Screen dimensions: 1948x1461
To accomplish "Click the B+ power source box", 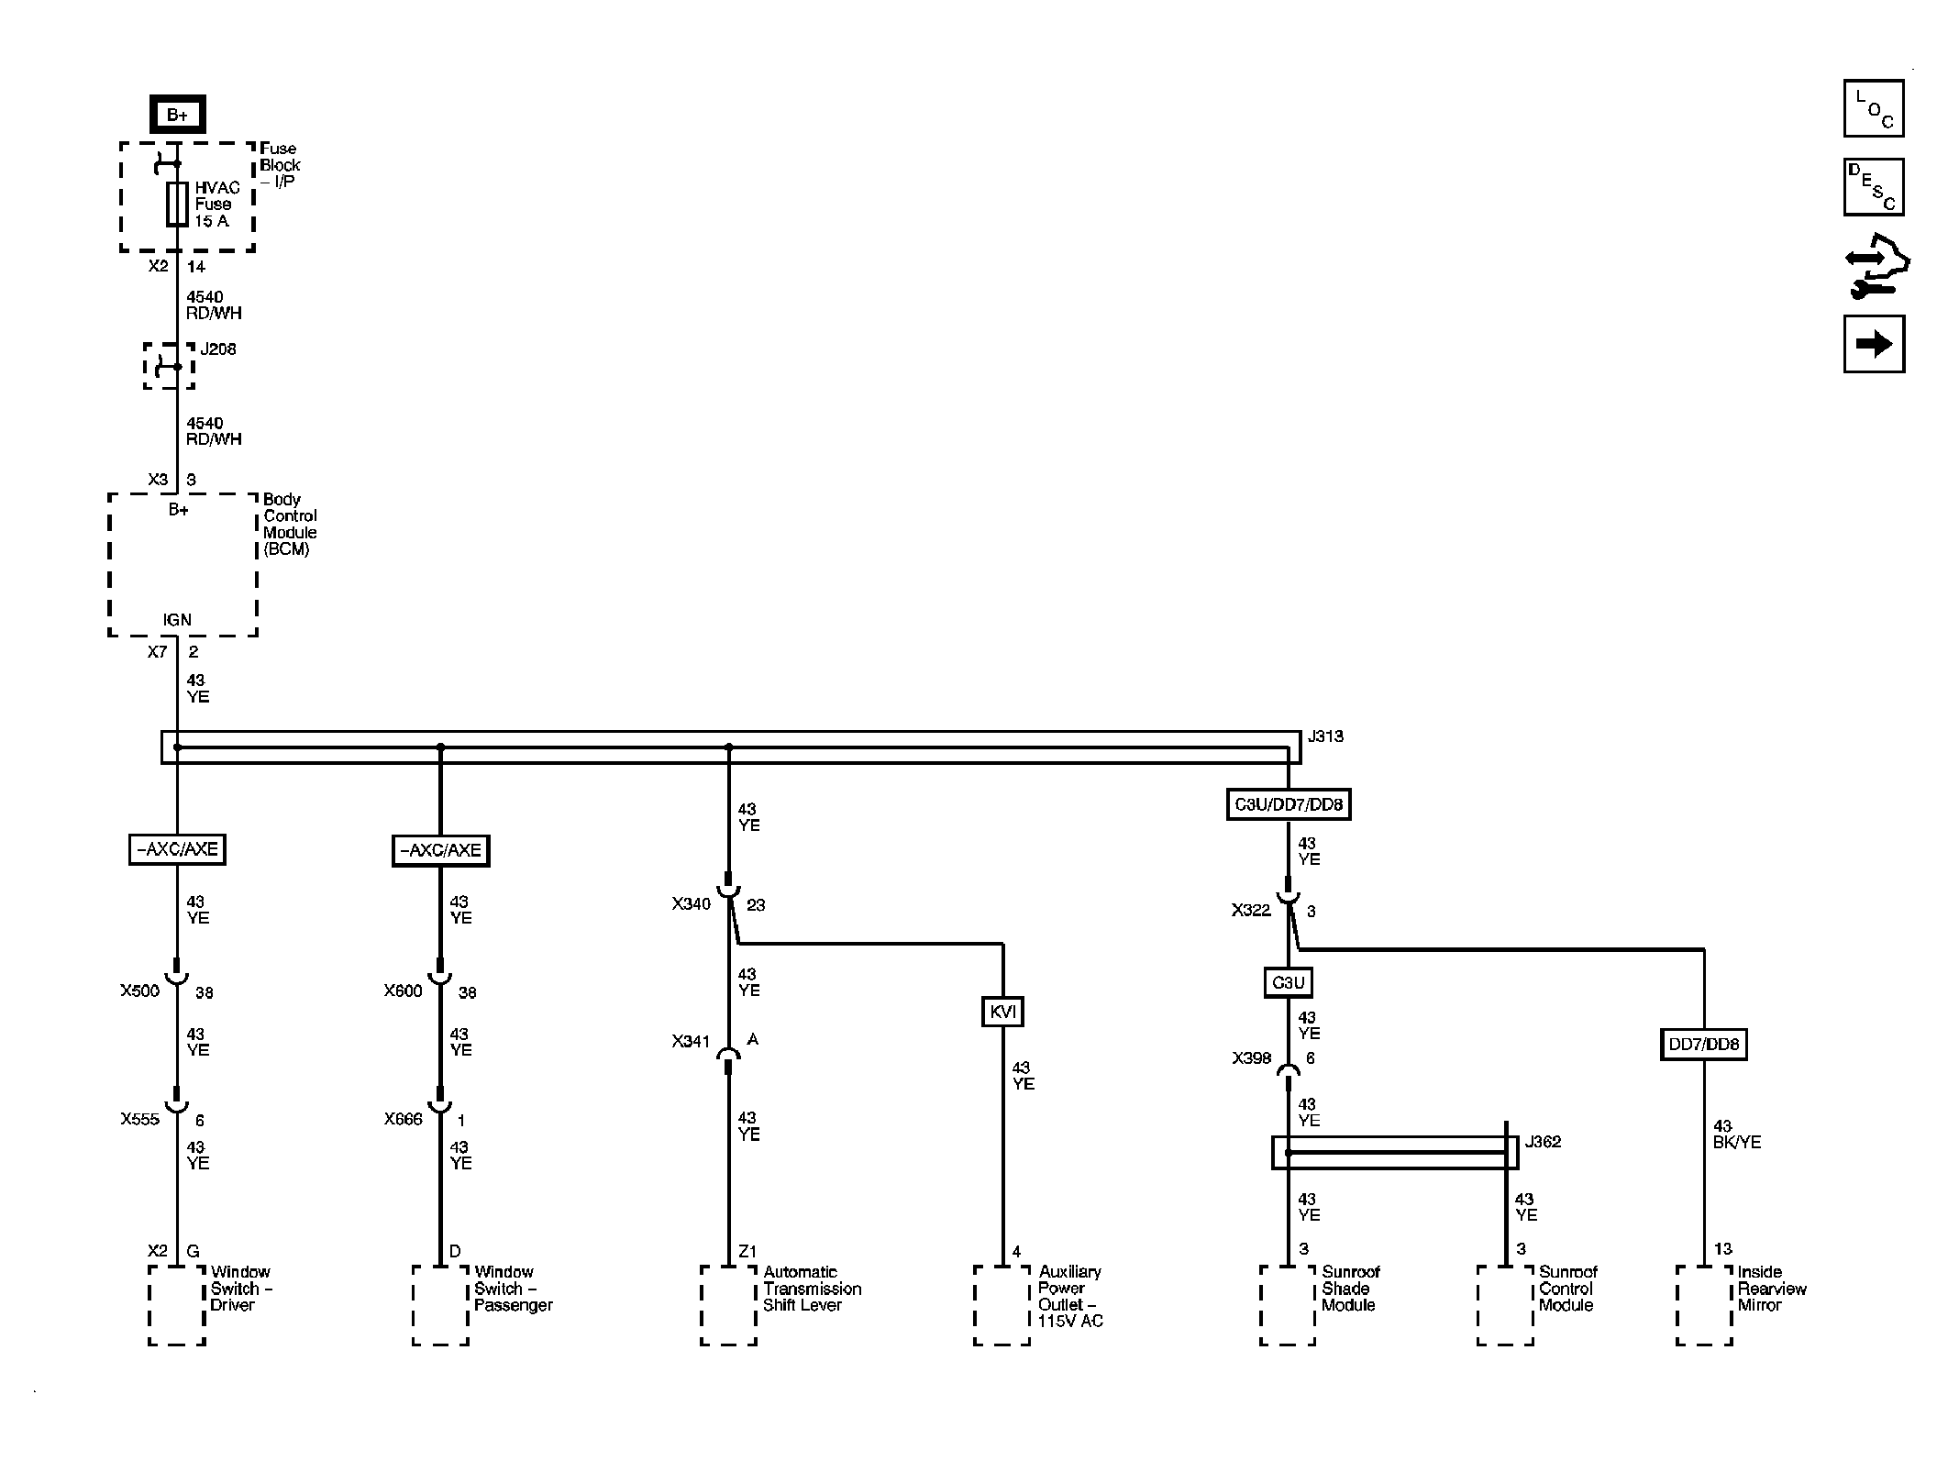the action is pos(177,115).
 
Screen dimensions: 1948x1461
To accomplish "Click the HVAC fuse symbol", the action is pos(177,204).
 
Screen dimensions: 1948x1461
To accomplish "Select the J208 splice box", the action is pos(169,366).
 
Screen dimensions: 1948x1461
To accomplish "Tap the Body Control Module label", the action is pos(291,525).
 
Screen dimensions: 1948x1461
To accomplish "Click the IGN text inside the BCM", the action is pos(177,620).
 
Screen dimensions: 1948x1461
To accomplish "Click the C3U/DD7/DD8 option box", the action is pos(1289,804).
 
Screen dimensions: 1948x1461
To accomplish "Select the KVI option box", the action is pos(1002,1012).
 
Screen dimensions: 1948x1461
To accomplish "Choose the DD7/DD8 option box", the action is pos(1703,1044).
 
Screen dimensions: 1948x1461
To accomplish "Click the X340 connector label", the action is pos(691,904).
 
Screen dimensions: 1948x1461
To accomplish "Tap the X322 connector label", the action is pos(1251,911).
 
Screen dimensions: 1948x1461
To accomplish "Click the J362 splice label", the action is pos(1542,1142).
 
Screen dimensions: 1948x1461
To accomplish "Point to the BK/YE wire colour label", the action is pos(1737,1143).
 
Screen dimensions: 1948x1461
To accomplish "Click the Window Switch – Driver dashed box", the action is pos(177,1306).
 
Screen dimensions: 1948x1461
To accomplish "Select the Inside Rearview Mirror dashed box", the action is pos(1704,1306).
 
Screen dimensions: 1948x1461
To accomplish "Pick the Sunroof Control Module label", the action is pos(1567,1289).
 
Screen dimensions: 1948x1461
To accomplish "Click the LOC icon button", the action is pos(1874,108).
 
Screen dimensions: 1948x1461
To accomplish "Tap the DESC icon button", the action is pos(1874,187).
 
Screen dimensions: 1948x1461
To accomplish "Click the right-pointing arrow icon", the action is pos(1874,344).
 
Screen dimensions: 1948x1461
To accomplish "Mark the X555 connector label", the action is pos(139,1119).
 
